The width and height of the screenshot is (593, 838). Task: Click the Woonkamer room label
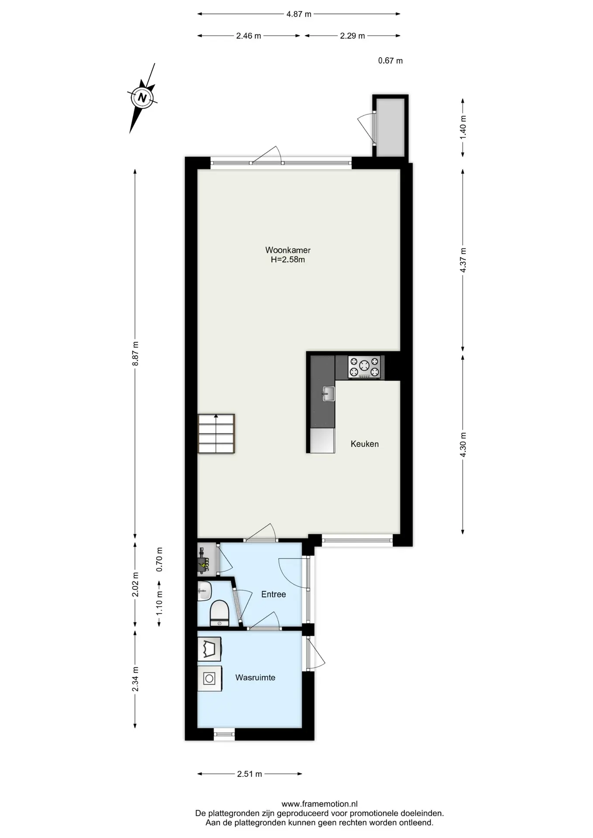288,250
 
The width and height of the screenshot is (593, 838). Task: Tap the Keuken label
365,444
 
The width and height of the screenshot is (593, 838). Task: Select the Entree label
273,594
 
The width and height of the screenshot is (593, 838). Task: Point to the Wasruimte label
255,677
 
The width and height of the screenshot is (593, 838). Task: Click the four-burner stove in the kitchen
364,367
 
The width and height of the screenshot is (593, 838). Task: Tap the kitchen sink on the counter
328,394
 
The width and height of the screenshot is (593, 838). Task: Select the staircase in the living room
216,433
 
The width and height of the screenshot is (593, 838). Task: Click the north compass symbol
142,98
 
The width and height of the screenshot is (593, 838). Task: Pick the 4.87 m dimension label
299,14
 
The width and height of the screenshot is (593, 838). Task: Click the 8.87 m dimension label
135,354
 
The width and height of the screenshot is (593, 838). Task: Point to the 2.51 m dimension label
249,774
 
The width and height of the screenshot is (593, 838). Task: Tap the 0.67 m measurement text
390,61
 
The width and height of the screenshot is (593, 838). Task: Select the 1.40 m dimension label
463,127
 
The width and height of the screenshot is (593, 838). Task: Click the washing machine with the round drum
210,679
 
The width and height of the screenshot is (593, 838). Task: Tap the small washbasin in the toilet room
204,591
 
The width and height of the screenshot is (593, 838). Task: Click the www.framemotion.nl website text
320,804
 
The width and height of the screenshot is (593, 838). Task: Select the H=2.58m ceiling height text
288,260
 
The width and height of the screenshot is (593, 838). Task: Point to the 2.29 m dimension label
352,36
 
